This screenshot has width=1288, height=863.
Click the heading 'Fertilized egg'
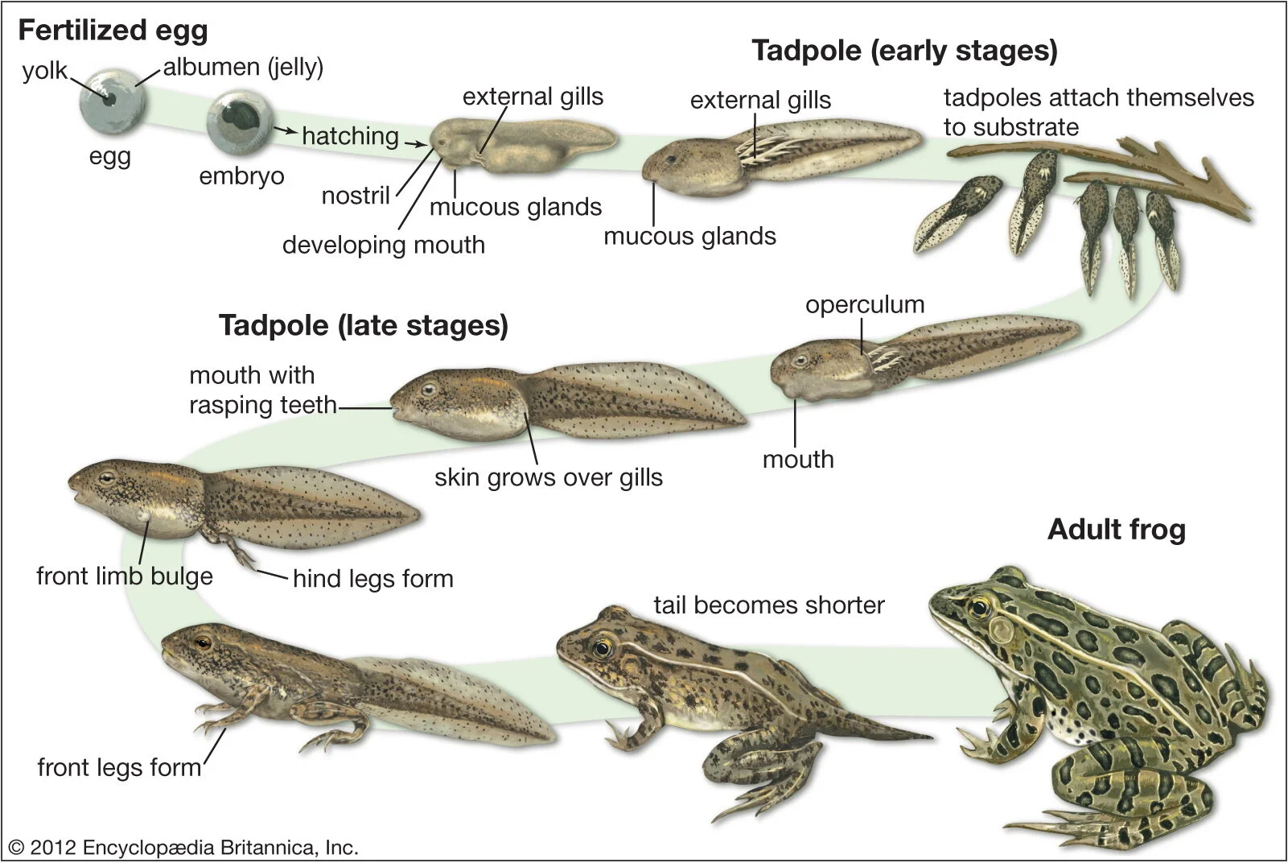[x=113, y=31]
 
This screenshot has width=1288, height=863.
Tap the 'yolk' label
[x=45, y=71]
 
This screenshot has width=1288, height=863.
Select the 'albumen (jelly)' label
[x=243, y=67]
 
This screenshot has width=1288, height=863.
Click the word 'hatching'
[x=350, y=136]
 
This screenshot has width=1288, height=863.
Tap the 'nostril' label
[x=356, y=196]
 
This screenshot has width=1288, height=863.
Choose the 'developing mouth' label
[x=384, y=245]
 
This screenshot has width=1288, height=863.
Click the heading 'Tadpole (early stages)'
[x=904, y=51]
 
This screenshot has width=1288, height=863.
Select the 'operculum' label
[x=865, y=305]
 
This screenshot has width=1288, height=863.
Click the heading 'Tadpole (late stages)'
[x=364, y=325]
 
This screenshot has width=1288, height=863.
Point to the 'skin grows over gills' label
[x=549, y=477]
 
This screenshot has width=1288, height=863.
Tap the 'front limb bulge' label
[x=125, y=576]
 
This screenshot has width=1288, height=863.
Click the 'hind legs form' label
[x=373, y=579]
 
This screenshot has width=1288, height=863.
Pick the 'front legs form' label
[x=119, y=767]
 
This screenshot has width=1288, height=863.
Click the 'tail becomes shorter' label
[x=768, y=605]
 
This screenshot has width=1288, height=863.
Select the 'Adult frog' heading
[x=1117, y=530]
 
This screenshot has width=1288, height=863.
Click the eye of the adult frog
[x=979, y=605]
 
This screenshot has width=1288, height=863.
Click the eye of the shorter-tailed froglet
[x=602, y=646]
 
